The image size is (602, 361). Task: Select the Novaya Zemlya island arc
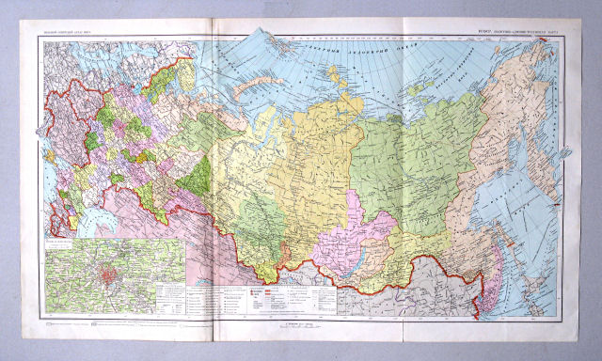pyautogui.click(x=247, y=88)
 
